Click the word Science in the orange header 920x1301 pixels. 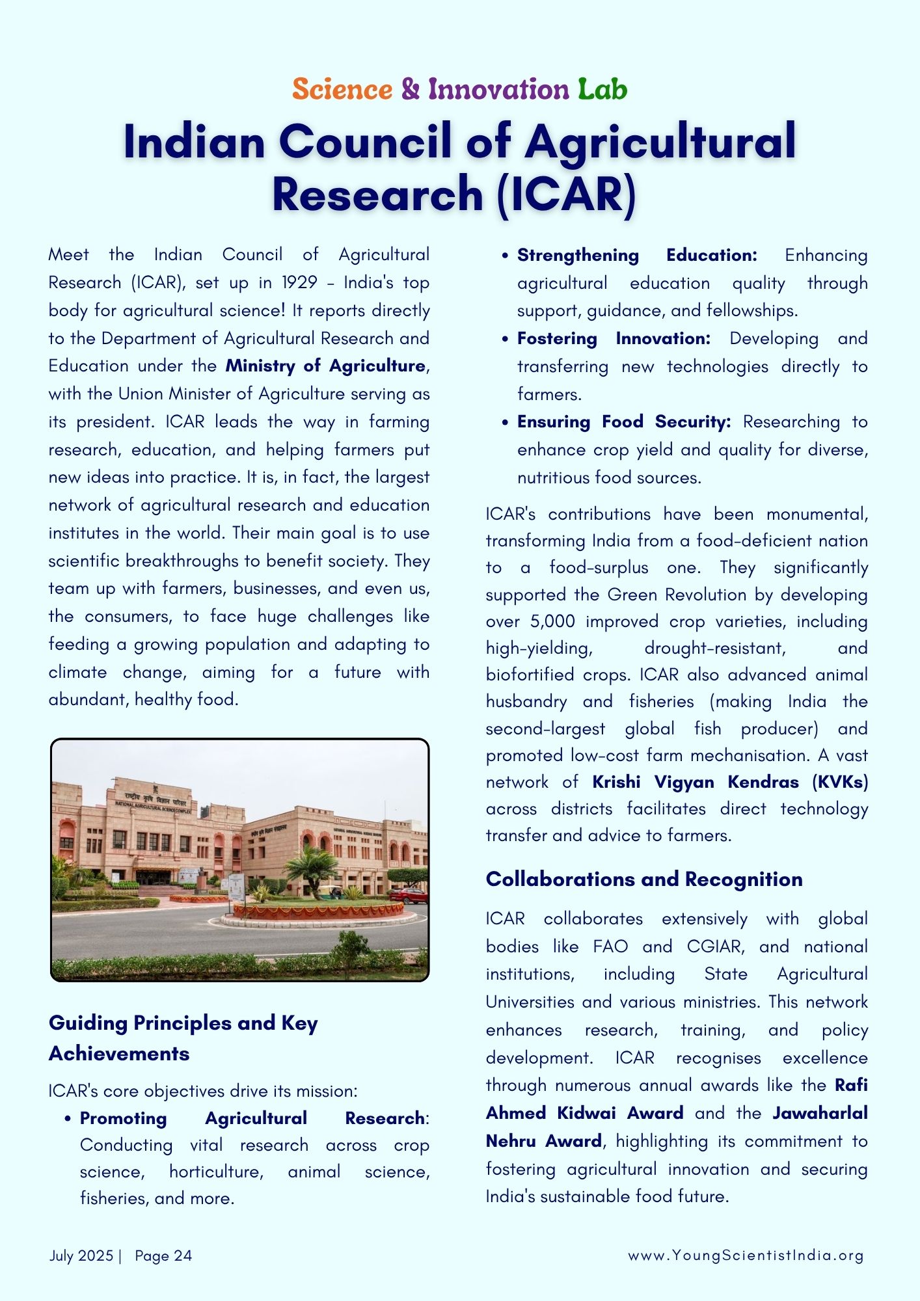pyautogui.click(x=342, y=89)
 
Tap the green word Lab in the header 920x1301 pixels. pyautogui.click(x=602, y=89)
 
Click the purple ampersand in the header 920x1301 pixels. pyautogui.click(x=410, y=89)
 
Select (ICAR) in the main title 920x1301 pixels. pyautogui.click(x=565, y=194)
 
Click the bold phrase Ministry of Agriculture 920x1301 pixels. pyautogui.click(x=325, y=366)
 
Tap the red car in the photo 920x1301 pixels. pyautogui.click(x=409, y=895)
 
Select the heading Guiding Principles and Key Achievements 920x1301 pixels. pyautogui.click(x=183, y=1038)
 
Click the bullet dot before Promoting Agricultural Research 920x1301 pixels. pyautogui.click(x=68, y=1119)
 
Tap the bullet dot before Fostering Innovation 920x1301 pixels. pyautogui.click(x=505, y=340)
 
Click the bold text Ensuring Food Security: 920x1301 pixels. pyautogui.click(x=624, y=422)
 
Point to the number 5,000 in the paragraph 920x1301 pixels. pyautogui.click(x=552, y=621)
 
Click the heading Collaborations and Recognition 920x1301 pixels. pyautogui.click(x=644, y=879)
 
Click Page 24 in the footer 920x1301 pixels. pyautogui.click(x=163, y=1255)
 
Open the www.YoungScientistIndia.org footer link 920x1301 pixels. pyautogui.click(x=746, y=1255)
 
